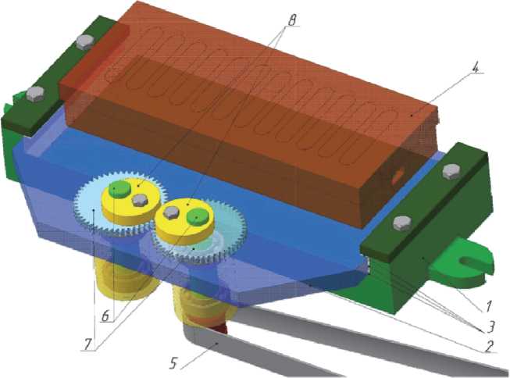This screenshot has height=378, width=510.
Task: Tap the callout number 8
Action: pyautogui.click(x=291, y=21)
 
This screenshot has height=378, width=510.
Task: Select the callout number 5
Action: pyautogui.click(x=173, y=363)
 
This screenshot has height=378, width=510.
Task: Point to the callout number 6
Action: pyautogui.click(x=105, y=316)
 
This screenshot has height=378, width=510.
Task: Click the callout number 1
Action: pyautogui.click(x=489, y=306)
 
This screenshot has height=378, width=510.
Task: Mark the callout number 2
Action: pyautogui.click(x=488, y=346)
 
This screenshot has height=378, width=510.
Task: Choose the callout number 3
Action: pyautogui.click(x=490, y=326)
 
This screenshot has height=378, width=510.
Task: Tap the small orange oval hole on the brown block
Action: pyautogui.click(x=398, y=177)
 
